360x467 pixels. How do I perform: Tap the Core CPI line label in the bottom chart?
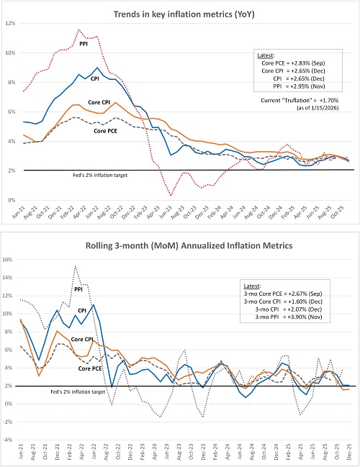point(86,338)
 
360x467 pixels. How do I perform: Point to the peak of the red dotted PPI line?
point(78,30)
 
